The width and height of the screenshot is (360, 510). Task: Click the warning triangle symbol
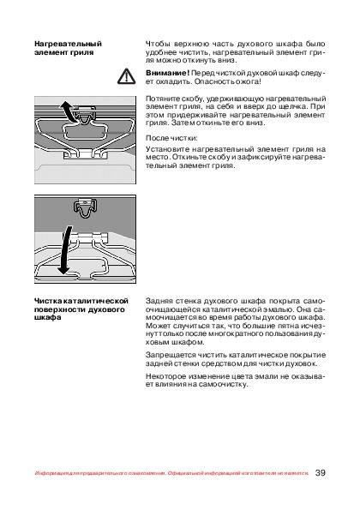pos(126,76)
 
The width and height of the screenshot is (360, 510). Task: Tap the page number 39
pos(320,472)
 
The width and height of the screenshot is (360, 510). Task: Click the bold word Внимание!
pos(167,73)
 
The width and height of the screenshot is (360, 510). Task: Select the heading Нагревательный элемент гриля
pos(68,48)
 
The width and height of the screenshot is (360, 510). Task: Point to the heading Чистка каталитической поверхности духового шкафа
pos(81,309)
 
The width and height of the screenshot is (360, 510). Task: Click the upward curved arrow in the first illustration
pos(68,111)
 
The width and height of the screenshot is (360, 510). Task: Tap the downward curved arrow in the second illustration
pos(65,250)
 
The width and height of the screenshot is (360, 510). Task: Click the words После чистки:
pos(171,138)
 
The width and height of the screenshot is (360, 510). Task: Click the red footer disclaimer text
pos(171,473)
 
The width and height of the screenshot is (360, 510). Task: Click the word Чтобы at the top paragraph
pos(157,45)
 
